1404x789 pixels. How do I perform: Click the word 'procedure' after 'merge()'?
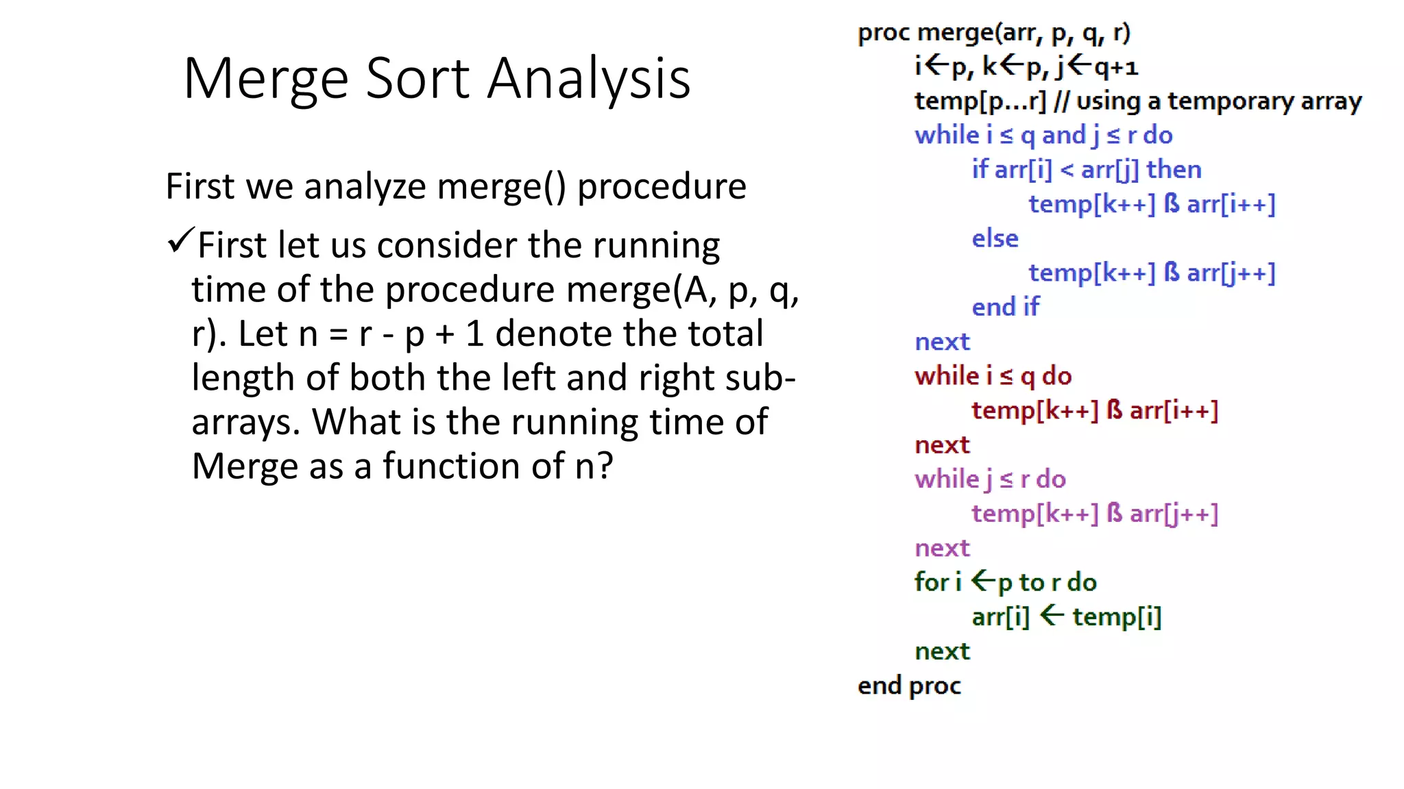[662, 186]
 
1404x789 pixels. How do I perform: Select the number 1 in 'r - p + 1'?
[474, 334]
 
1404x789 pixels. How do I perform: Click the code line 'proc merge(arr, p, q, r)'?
[993, 33]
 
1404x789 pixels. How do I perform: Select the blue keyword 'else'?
[995, 239]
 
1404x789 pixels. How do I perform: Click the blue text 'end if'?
[1005, 308]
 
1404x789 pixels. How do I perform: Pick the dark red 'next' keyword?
[942, 445]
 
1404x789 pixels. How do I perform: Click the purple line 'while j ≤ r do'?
[990, 479]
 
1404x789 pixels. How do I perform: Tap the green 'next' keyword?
[942, 651]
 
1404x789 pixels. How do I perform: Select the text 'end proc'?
[909, 686]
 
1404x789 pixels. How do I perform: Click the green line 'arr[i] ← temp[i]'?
[1066, 617]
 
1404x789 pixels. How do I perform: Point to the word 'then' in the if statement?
[1174, 170]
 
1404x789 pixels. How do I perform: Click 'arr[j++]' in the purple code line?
[1174, 514]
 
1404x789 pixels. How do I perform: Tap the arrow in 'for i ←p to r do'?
[983, 581]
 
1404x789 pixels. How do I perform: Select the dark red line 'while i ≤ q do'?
[993, 377]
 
